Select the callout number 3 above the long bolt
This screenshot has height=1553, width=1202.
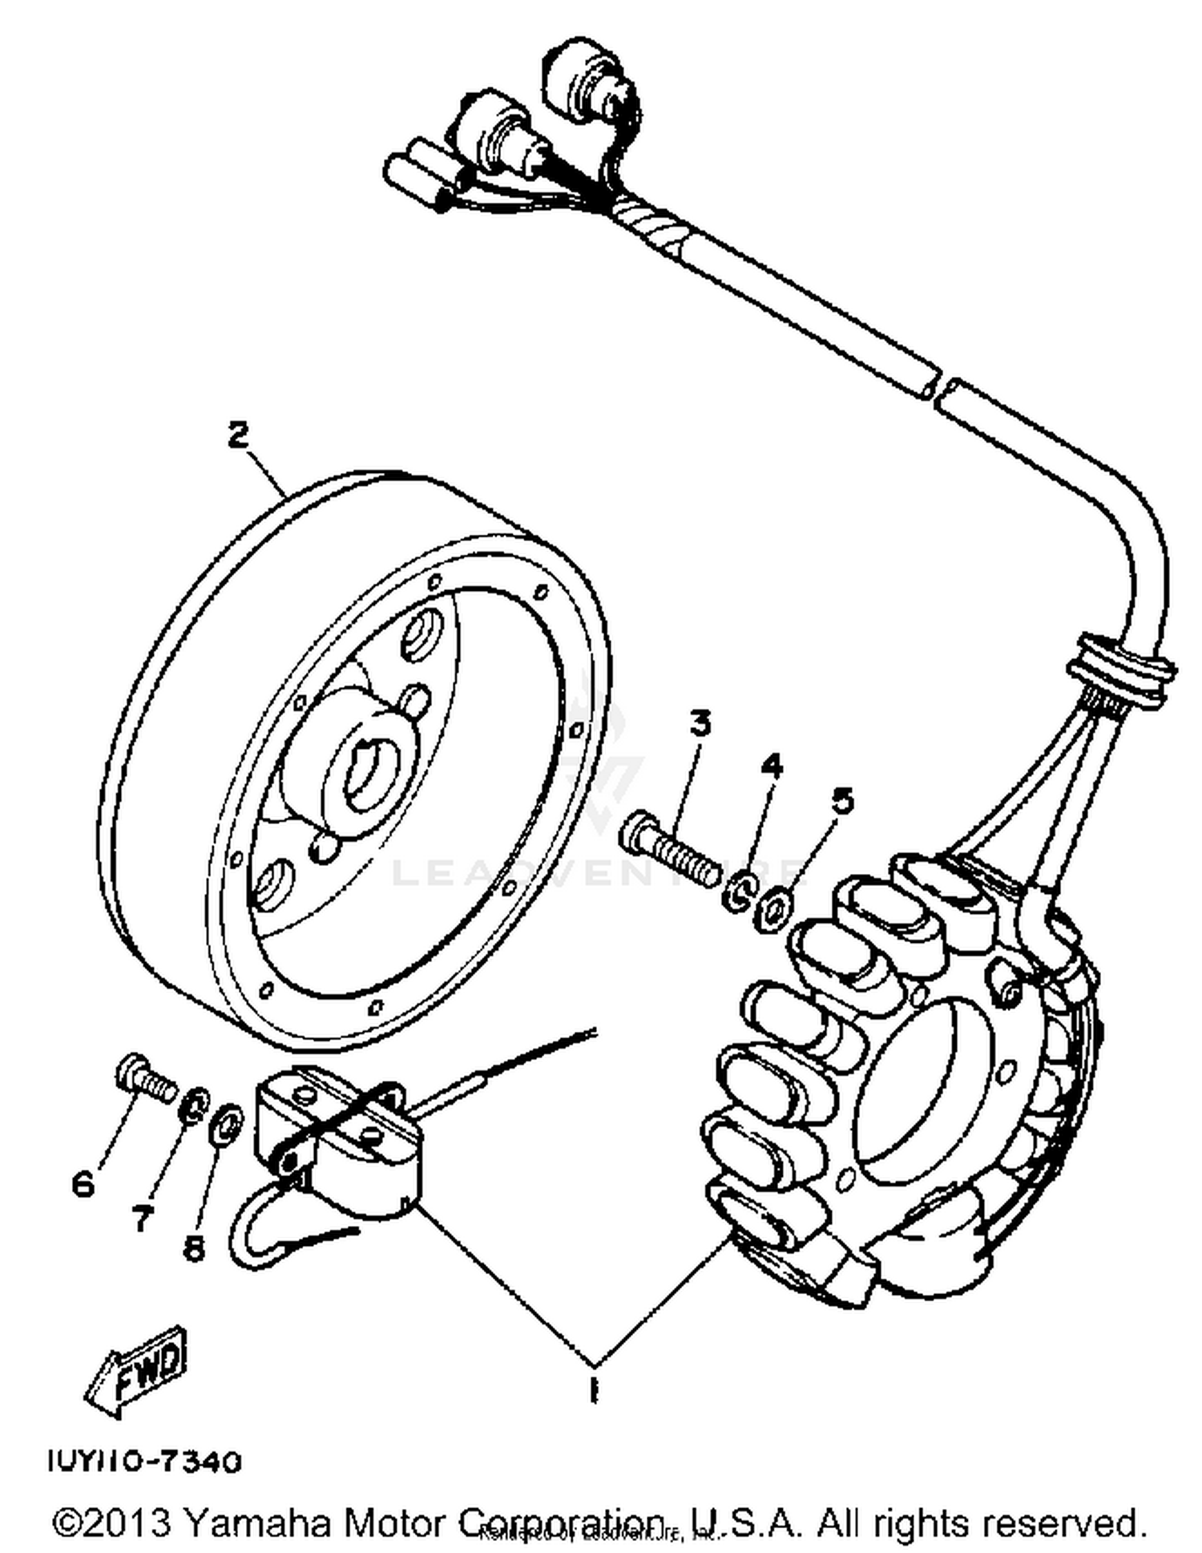tap(700, 724)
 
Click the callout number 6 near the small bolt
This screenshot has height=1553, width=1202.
tap(83, 1184)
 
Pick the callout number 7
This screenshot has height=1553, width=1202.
tap(141, 1219)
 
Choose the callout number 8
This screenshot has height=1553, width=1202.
tap(193, 1248)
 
